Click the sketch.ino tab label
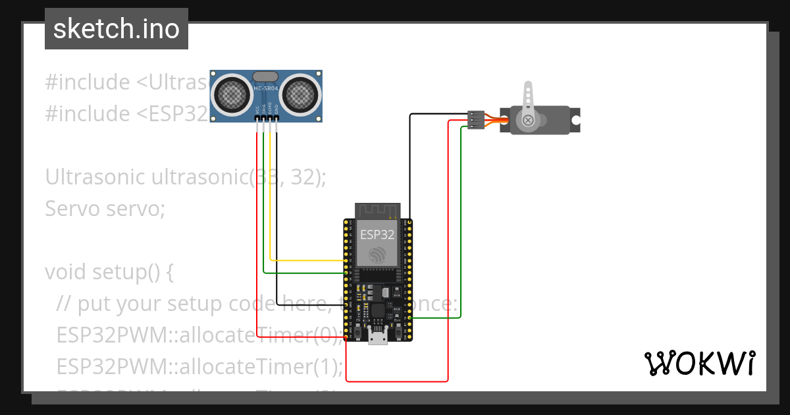point(116,29)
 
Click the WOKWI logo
point(698,363)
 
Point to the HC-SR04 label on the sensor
point(266,88)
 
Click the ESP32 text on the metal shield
point(377,235)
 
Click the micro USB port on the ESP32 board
point(378,337)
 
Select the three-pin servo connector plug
point(476,120)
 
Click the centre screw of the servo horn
point(528,120)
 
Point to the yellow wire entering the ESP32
point(309,261)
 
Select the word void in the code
point(66,271)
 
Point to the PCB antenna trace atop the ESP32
point(377,210)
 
